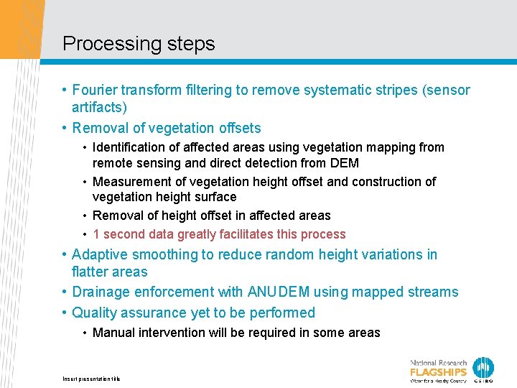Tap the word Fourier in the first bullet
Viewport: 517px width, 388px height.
coord(95,91)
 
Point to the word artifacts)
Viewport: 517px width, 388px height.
coord(99,108)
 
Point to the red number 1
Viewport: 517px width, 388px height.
coord(96,234)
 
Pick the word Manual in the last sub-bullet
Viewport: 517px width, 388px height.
coord(113,333)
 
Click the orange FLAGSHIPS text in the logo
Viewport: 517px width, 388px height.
coord(438,372)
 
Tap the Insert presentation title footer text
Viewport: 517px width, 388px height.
coord(91,379)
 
